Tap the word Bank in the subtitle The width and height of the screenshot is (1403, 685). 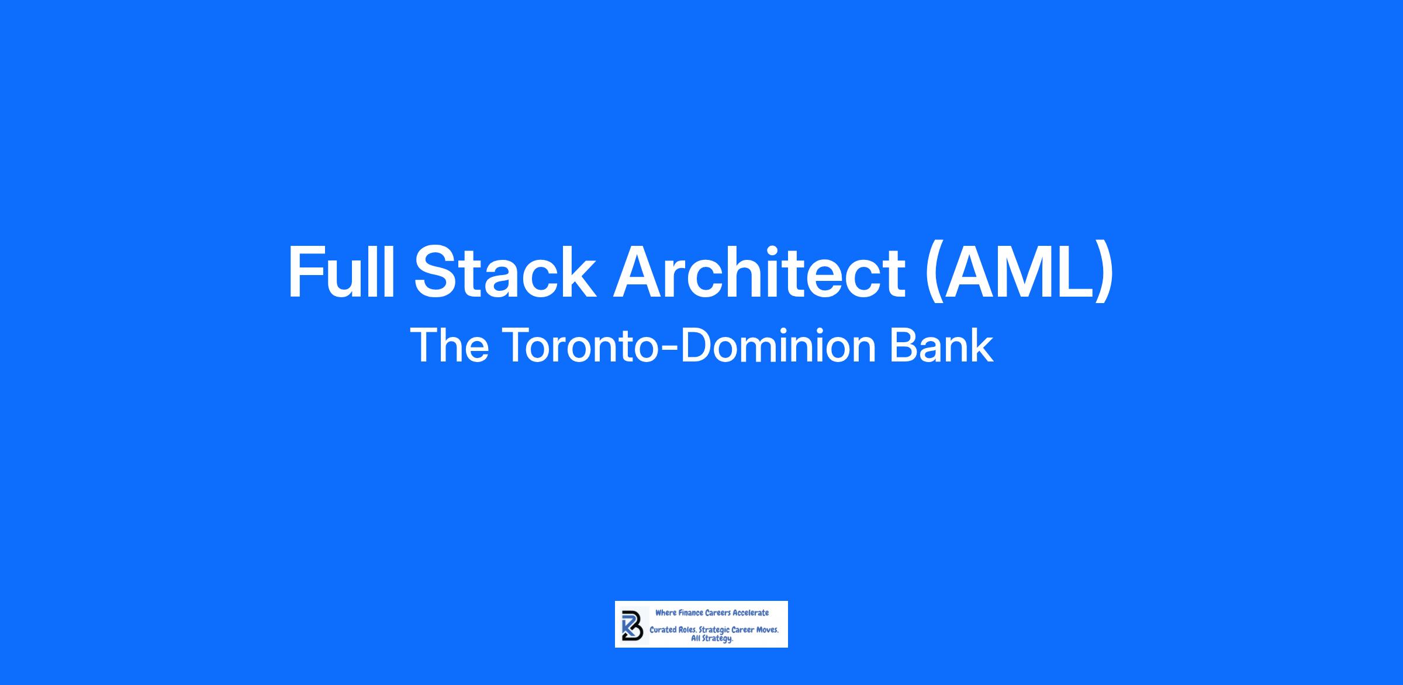pos(941,345)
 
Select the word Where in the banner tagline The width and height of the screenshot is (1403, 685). pos(666,613)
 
